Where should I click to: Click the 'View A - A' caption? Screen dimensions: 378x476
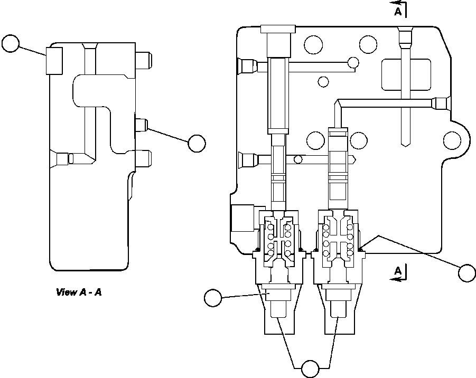point(79,292)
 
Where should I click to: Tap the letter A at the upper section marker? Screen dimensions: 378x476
point(398,11)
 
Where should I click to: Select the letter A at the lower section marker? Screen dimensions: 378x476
point(398,271)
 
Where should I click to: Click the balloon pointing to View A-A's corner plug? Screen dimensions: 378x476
point(10,43)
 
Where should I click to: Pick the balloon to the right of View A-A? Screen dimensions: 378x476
point(197,143)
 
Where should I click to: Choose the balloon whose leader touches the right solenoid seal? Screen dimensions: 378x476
point(467,272)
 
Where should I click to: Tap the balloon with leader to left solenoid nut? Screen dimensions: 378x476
point(213,298)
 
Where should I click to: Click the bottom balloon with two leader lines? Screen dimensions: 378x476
point(310,368)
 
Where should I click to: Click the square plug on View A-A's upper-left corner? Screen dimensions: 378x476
point(54,60)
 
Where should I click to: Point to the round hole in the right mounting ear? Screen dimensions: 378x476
point(452,140)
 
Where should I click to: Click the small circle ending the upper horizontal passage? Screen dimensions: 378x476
point(352,64)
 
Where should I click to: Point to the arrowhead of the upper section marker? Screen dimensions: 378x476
point(394,9)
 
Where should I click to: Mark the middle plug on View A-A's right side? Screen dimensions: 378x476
point(141,125)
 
